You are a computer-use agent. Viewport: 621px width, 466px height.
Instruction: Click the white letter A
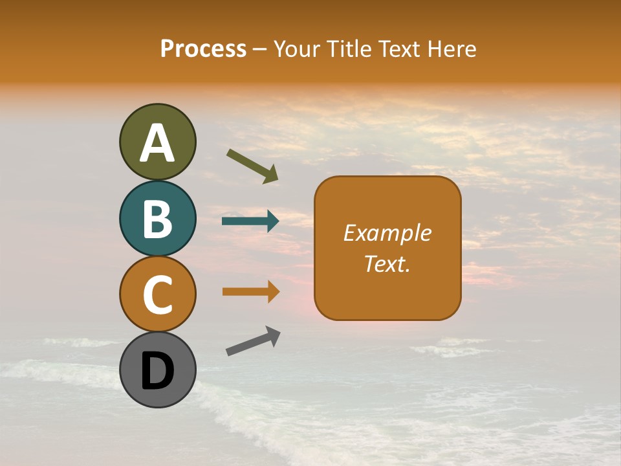pyautogui.click(x=157, y=143)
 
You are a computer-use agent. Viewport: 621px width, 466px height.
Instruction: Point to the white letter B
pyautogui.click(x=157, y=219)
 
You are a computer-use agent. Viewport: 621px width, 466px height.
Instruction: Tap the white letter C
pyautogui.click(x=157, y=294)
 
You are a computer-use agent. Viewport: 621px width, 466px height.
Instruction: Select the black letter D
pyautogui.click(x=157, y=371)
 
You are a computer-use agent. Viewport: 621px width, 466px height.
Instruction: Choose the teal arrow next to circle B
pyautogui.click(x=250, y=221)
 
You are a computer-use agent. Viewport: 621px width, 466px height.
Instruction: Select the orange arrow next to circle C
pyautogui.click(x=250, y=292)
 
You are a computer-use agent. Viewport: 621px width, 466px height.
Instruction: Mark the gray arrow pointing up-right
pyautogui.click(x=253, y=341)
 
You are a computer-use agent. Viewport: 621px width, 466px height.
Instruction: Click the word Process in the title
pyautogui.click(x=203, y=49)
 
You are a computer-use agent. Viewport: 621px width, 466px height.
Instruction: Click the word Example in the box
pyautogui.click(x=387, y=233)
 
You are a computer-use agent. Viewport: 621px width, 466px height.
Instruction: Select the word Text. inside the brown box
pyautogui.click(x=387, y=263)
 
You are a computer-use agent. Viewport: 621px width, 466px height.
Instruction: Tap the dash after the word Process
pyautogui.click(x=260, y=50)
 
